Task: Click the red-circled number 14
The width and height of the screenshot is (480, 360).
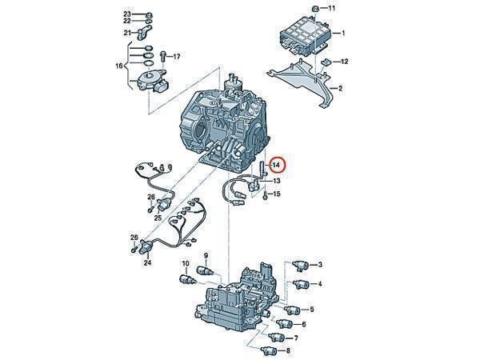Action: click(x=276, y=165)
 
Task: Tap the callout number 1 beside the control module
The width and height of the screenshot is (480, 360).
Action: click(x=343, y=33)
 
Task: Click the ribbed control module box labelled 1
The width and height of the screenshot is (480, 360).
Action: click(x=306, y=36)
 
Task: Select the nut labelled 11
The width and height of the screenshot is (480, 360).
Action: click(x=315, y=9)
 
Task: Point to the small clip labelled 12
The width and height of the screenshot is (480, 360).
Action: click(x=326, y=62)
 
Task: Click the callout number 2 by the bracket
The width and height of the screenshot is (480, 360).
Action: click(x=340, y=89)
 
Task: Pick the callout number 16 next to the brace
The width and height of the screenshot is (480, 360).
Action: click(x=119, y=66)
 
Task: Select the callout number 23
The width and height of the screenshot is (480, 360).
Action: click(x=127, y=14)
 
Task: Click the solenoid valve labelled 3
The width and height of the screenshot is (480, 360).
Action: click(x=300, y=266)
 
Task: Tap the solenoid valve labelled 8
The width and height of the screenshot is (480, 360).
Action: click(x=268, y=350)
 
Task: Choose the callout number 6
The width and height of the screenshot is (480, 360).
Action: click(x=304, y=324)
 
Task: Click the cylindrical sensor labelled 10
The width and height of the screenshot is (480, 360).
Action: click(x=186, y=279)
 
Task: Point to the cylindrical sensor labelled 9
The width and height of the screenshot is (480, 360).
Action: click(x=206, y=270)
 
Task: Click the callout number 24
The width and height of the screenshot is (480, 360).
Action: click(x=147, y=262)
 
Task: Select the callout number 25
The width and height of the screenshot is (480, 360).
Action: click(x=158, y=218)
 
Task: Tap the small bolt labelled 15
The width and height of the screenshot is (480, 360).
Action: click(x=265, y=196)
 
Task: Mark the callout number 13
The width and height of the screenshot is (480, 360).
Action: click(x=277, y=181)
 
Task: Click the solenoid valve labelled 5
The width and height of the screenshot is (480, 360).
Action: click(x=292, y=310)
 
